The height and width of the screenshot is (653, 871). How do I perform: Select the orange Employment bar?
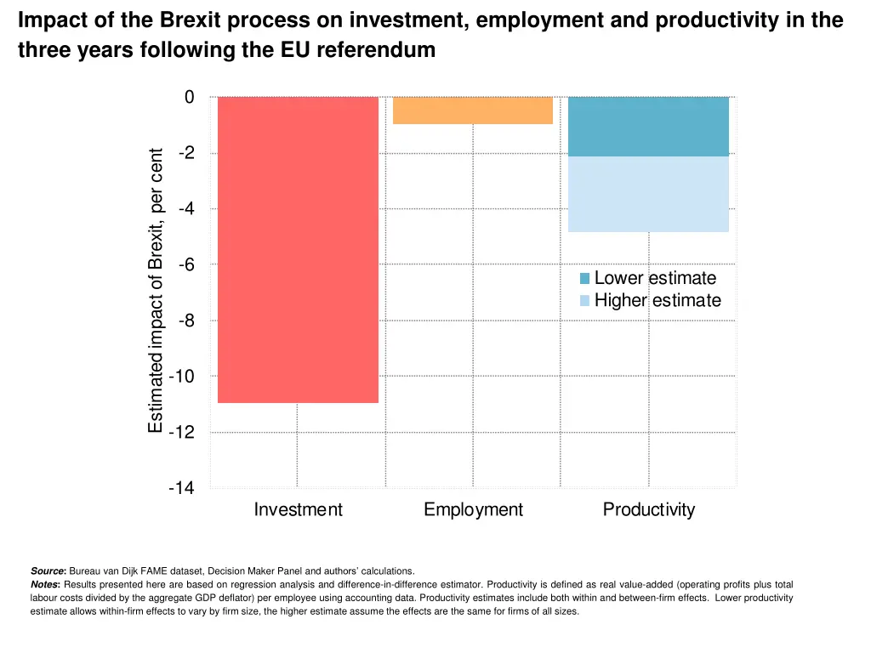473,111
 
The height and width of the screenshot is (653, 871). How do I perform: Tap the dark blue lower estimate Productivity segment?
648,127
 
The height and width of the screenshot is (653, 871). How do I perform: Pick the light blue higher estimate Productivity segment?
648,194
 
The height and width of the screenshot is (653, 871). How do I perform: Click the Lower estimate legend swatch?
584,279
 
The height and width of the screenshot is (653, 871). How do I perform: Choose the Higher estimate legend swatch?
584,301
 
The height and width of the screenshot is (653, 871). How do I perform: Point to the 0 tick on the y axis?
189,97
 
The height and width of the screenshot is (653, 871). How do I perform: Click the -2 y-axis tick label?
185,153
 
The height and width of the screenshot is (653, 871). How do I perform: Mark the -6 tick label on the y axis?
185,264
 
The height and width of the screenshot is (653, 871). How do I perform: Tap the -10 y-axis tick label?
182,377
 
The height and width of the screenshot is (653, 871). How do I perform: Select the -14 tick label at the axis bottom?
181,488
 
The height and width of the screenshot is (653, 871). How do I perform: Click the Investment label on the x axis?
298,510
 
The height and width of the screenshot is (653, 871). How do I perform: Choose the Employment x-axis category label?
473,510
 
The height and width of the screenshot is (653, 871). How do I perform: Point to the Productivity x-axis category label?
648,510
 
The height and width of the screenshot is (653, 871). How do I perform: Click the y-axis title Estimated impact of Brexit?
156,291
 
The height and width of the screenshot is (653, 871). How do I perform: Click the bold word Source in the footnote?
48,571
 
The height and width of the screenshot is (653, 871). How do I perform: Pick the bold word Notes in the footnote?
45,585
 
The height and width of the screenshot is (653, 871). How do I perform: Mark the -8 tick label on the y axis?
185,321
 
